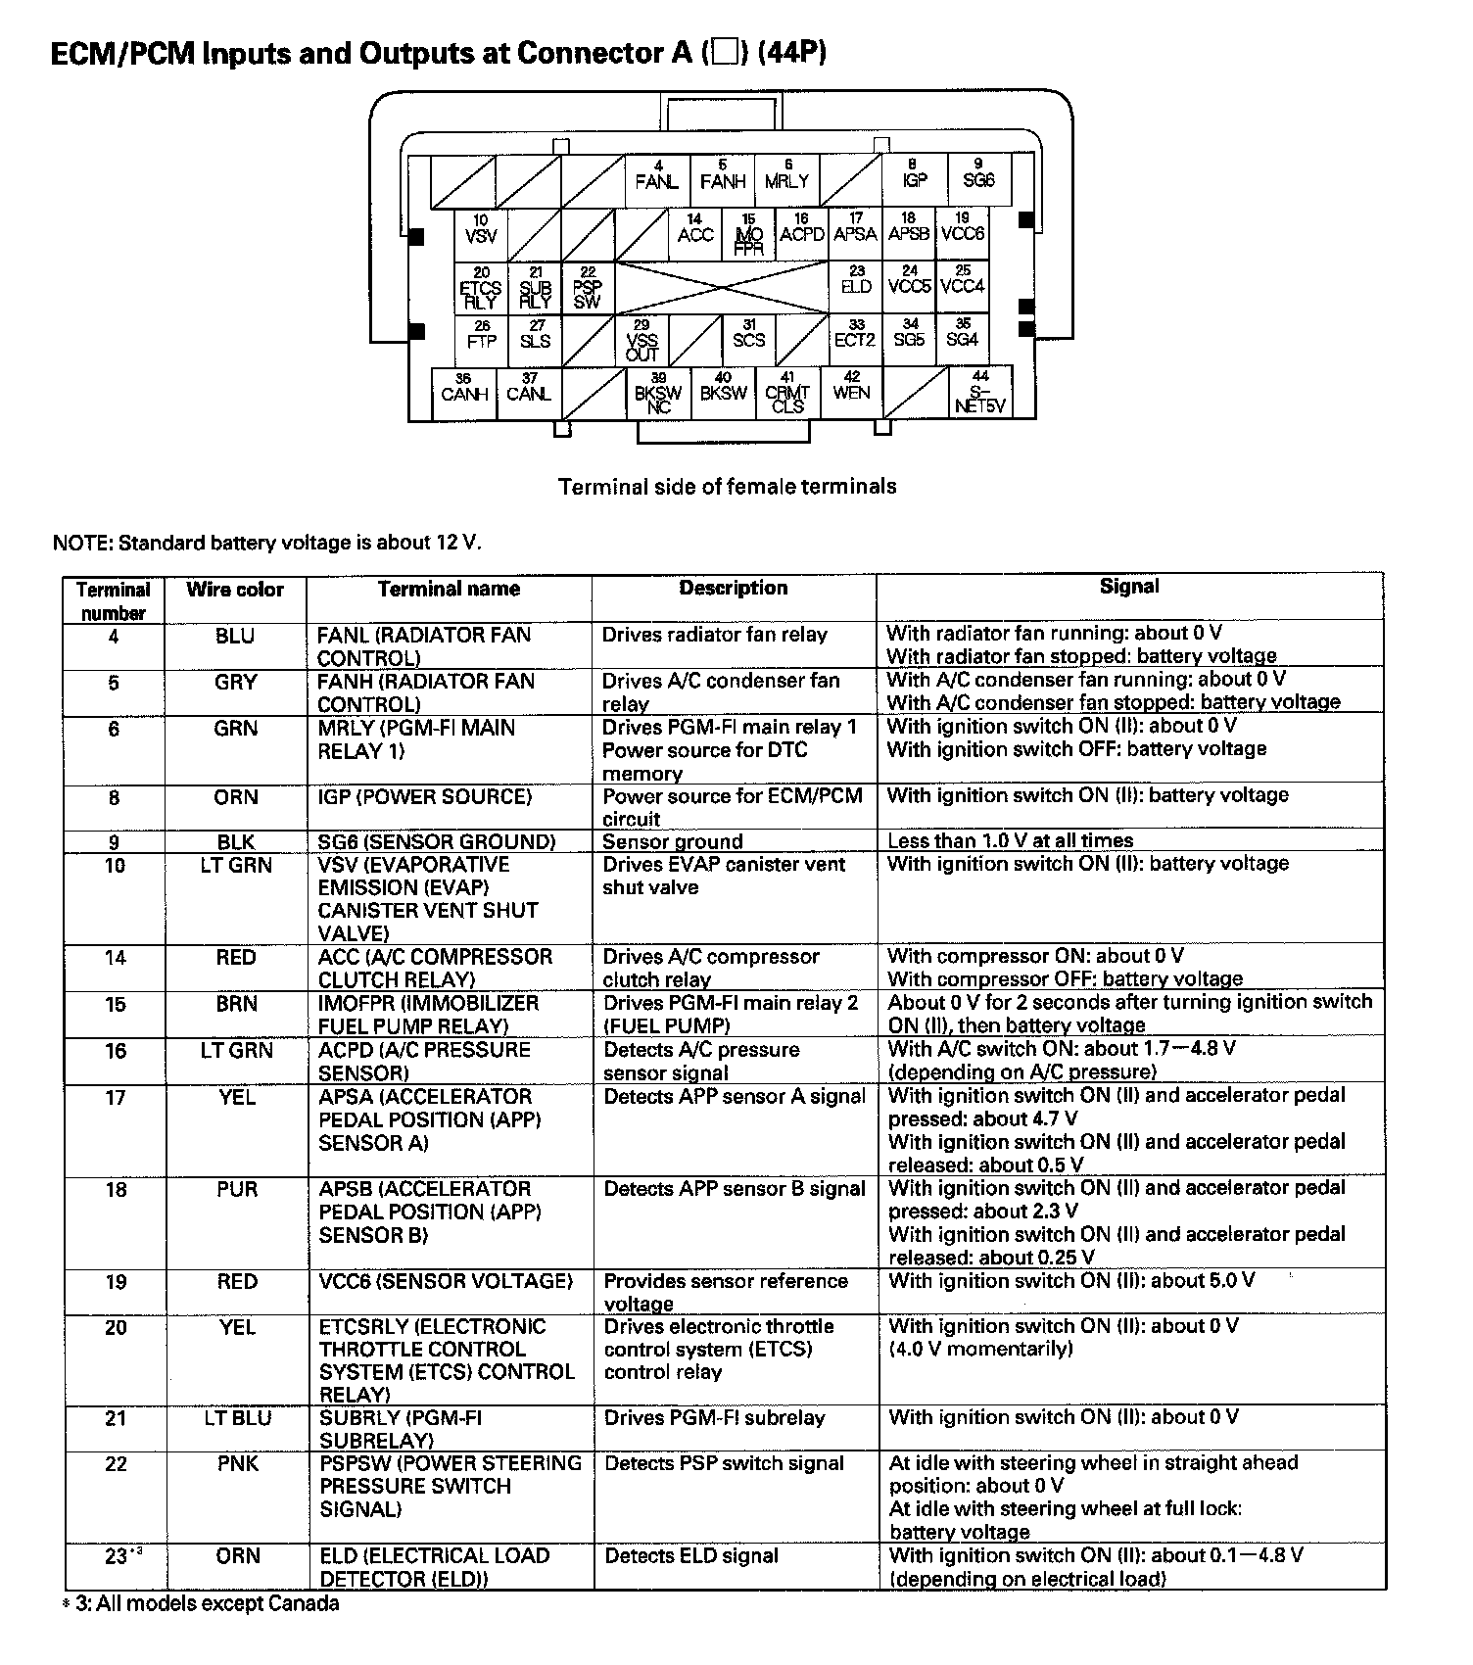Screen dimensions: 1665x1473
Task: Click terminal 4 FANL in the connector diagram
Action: [x=656, y=176]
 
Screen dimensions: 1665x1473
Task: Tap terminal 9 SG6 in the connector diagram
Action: [x=978, y=176]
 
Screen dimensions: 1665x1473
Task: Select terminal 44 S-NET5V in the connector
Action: [x=980, y=392]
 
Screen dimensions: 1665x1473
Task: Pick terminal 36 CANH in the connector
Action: [x=464, y=390]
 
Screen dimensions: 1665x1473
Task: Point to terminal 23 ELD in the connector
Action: [x=856, y=282]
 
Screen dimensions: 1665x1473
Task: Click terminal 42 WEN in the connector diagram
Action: [x=851, y=387]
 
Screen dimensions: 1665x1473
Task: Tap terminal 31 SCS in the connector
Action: [x=748, y=336]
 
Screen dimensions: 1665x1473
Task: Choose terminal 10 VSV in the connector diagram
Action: [x=481, y=231]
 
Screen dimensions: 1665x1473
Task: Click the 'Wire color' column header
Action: [x=235, y=590]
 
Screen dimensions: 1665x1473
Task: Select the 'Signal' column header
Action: [x=1129, y=587]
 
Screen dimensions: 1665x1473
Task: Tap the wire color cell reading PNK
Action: [x=237, y=1464]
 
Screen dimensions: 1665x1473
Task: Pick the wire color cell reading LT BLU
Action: [x=237, y=1418]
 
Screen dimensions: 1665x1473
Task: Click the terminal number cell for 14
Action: [x=115, y=958]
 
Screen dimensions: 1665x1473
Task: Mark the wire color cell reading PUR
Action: [x=237, y=1190]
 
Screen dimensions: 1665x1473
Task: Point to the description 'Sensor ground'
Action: [x=672, y=841]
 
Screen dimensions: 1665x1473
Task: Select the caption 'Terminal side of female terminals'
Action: [x=727, y=487]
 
